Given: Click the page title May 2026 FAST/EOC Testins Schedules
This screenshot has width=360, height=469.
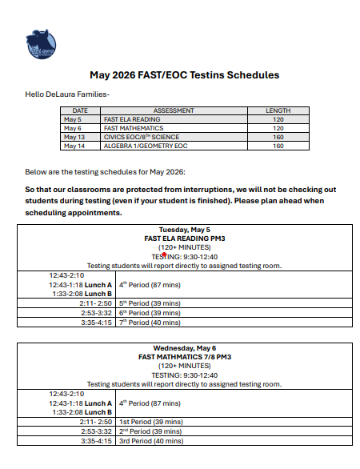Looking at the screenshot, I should tap(184, 74).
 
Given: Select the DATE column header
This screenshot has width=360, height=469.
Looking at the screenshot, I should tap(80, 111).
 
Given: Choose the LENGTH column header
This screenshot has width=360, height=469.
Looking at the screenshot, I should tap(278, 111).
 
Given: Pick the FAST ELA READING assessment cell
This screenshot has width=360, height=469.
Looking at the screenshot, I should tap(132, 119).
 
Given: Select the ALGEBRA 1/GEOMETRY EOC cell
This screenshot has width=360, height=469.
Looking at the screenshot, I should tap(143, 146).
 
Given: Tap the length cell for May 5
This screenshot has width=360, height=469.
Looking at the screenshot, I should tap(278, 119).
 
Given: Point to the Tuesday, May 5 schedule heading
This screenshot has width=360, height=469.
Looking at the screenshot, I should tap(185, 230).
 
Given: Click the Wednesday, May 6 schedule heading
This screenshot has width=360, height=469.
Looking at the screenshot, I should tap(185, 348).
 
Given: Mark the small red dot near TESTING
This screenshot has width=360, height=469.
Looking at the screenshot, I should tap(163, 253).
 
